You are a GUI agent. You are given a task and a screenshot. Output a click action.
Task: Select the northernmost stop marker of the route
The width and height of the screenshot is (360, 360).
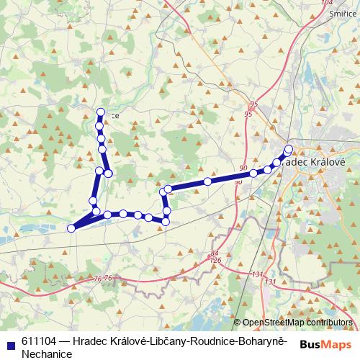(101, 112)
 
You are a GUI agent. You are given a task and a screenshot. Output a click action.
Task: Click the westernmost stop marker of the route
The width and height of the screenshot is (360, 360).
(71, 228)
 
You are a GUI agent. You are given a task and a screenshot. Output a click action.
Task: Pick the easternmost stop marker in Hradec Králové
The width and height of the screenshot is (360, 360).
(289, 150)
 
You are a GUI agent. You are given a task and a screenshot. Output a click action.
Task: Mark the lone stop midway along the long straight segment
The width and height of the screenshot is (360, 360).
(207, 181)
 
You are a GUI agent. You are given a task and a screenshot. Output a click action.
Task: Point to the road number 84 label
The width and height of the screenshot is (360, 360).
(215, 253)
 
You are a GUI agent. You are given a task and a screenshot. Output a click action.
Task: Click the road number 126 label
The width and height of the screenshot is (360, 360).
(215, 260)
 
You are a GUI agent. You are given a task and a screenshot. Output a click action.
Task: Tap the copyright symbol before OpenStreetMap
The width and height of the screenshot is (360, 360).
(237, 323)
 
